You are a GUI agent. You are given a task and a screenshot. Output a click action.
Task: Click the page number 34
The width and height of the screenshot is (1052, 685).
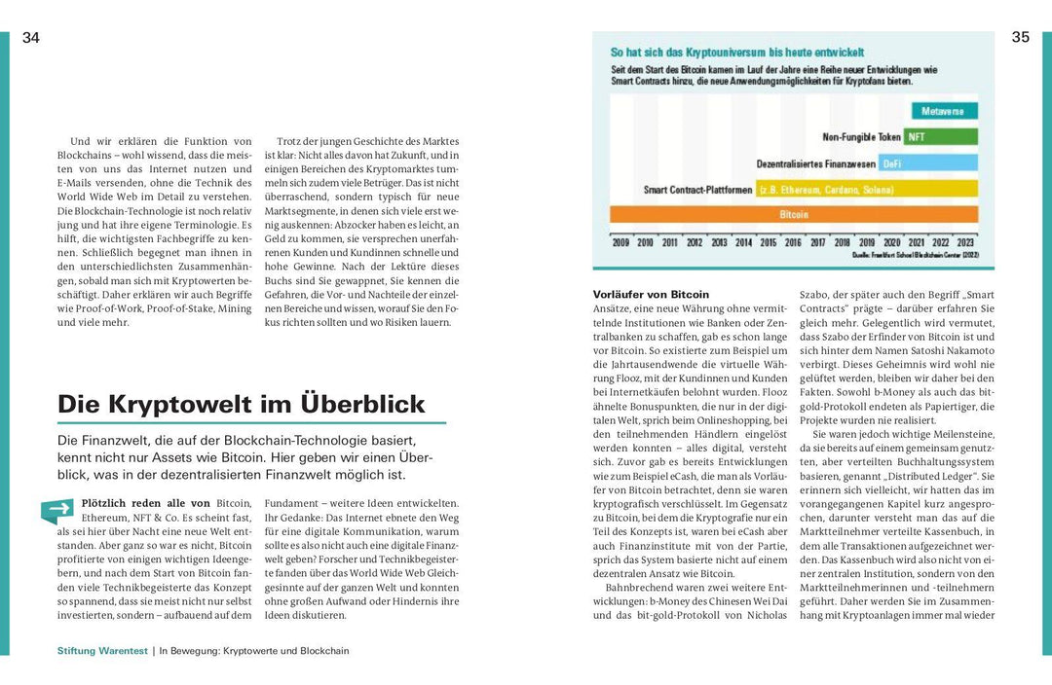[30, 38]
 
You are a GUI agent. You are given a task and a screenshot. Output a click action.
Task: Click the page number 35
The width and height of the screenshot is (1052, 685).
[1020, 38]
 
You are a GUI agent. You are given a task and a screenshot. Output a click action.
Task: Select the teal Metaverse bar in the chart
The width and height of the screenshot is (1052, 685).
[942, 112]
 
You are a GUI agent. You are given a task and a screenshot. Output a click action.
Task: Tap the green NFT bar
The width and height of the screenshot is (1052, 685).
[940, 137]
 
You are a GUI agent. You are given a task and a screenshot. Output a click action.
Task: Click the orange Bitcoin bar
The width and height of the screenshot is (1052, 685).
[793, 214]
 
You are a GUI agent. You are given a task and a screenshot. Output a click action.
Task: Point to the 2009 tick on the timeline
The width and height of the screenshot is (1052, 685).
[620, 242]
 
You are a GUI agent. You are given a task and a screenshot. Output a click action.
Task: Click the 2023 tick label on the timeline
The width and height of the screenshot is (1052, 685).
[965, 242]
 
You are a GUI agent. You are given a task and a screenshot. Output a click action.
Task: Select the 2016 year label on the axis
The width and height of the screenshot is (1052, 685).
[793, 242]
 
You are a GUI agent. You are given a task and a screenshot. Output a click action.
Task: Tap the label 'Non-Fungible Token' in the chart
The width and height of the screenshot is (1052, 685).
[861, 137]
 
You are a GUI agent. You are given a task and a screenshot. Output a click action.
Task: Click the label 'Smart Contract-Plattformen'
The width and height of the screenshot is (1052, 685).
[697, 190]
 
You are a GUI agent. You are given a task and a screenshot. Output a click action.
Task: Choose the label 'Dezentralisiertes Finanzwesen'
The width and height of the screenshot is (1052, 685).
[816, 163]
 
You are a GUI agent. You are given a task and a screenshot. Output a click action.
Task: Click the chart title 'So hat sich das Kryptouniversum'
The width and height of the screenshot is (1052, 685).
[737, 53]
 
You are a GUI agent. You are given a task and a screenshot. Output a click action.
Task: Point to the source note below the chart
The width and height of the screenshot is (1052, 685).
[916, 256]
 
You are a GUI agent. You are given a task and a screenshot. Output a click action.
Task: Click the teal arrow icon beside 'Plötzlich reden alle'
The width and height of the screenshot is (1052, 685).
[57, 509]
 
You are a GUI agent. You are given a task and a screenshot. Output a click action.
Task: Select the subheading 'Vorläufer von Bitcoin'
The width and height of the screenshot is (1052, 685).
[651, 294]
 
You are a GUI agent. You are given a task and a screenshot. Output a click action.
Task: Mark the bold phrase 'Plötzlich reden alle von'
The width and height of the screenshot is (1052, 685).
[146, 503]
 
